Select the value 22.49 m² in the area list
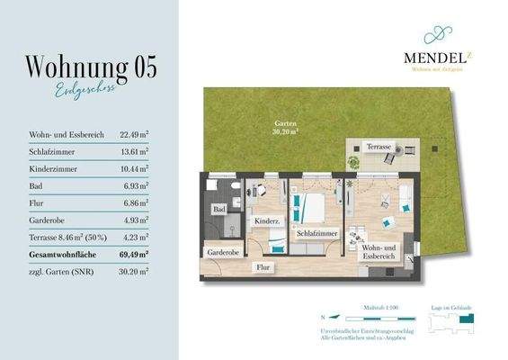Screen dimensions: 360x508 132,135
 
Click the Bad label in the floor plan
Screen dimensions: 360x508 218,210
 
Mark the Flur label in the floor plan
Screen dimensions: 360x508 263,267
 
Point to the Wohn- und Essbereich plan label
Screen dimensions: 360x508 379,253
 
